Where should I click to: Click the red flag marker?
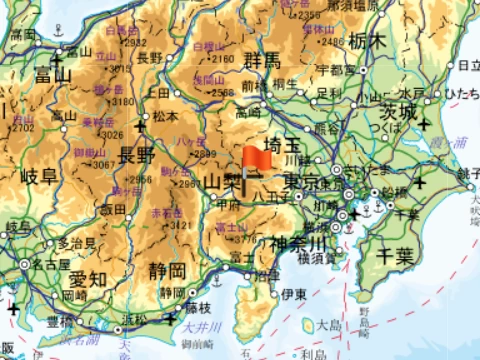point(255,160)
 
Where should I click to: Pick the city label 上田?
point(158,92)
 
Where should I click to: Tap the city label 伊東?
point(292,294)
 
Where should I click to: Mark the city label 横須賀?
point(315,257)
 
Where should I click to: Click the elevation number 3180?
point(123,100)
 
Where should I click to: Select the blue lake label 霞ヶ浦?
point(453,144)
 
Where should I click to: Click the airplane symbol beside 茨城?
point(426,124)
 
